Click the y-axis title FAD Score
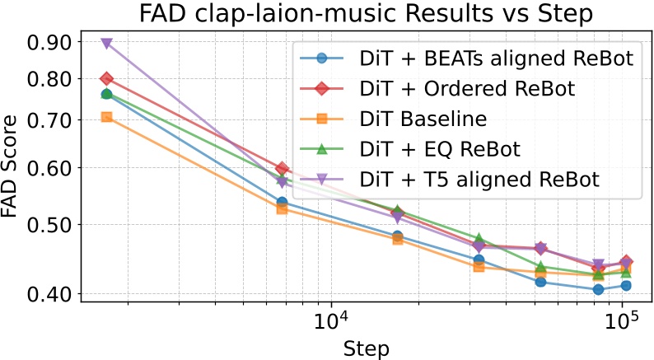point(12,165)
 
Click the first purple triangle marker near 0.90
point(106,44)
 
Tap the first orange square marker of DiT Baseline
point(106,117)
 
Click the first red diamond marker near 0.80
point(106,79)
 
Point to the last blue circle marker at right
point(626,285)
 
